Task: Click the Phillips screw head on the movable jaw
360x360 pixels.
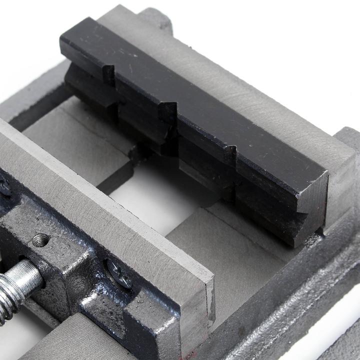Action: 119,273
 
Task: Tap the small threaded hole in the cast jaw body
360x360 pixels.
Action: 40,240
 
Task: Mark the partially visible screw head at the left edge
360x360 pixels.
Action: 4,187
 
